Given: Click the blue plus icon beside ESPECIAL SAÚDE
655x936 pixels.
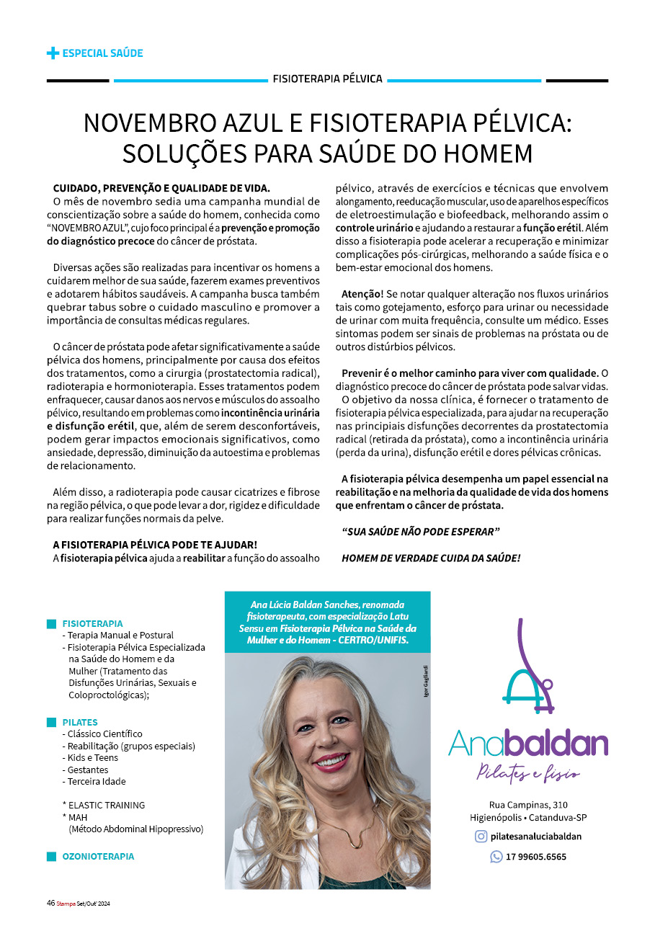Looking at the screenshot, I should coord(53,53).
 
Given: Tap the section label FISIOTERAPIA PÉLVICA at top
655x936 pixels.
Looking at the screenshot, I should coord(327,79).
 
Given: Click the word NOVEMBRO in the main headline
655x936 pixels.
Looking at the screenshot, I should coord(148,123).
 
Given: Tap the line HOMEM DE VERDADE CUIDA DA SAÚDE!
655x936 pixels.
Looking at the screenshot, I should coord(431,558).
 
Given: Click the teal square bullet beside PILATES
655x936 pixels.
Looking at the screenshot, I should coord(51,722).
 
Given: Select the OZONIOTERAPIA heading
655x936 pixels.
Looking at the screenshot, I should coord(98,857).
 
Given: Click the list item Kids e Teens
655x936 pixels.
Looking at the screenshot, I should coord(92,757).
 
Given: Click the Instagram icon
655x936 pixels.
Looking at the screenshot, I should coord(481,837).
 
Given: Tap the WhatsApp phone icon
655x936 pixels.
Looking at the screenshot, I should coord(496,857).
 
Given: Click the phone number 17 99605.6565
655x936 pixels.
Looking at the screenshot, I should coord(536,857).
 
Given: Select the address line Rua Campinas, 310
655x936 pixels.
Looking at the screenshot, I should coord(528,804).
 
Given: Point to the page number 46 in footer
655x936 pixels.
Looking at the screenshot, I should coord(50,903).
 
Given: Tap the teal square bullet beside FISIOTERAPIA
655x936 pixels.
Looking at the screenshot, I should coord(51,623).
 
